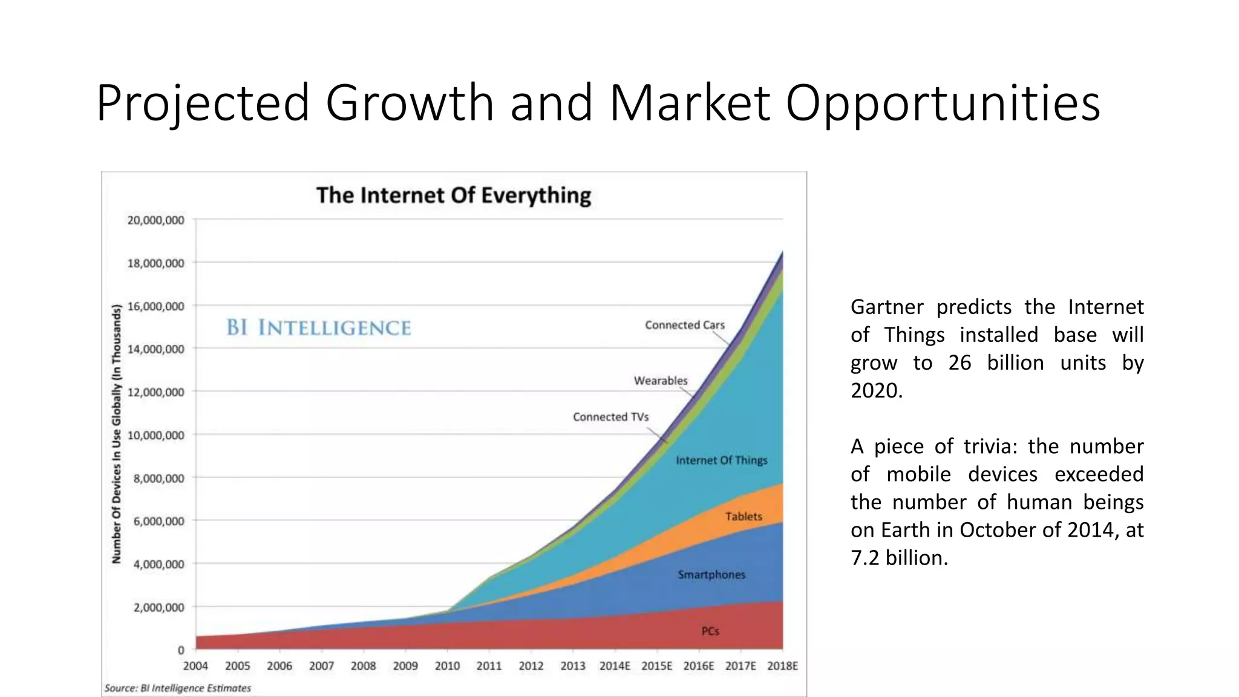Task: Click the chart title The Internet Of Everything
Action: pyautogui.click(x=454, y=195)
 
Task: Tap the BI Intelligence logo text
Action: pyautogui.click(x=319, y=327)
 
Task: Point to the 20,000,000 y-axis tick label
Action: pyautogui.click(x=155, y=220)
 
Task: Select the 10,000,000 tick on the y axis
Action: pyautogui.click(x=155, y=436)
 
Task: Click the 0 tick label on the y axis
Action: pyautogui.click(x=180, y=650)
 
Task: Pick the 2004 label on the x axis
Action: pyautogui.click(x=195, y=666)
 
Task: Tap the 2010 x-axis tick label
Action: pyautogui.click(x=447, y=666)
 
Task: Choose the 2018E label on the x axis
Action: pyautogui.click(x=782, y=666)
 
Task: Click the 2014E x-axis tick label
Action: pyautogui.click(x=615, y=666)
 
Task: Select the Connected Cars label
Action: pyautogui.click(x=684, y=325)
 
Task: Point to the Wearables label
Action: pyautogui.click(x=661, y=381)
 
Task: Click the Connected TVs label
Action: pyautogui.click(x=610, y=417)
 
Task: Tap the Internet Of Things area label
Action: pyautogui.click(x=721, y=460)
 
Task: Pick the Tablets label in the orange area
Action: pyautogui.click(x=744, y=517)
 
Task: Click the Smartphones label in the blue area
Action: pyautogui.click(x=711, y=575)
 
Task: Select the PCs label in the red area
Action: pyautogui.click(x=710, y=631)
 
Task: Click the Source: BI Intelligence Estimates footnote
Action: pyautogui.click(x=177, y=688)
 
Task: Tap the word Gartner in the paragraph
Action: pyautogui.click(x=887, y=307)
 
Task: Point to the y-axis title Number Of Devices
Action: pyautogui.click(x=117, y=433)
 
